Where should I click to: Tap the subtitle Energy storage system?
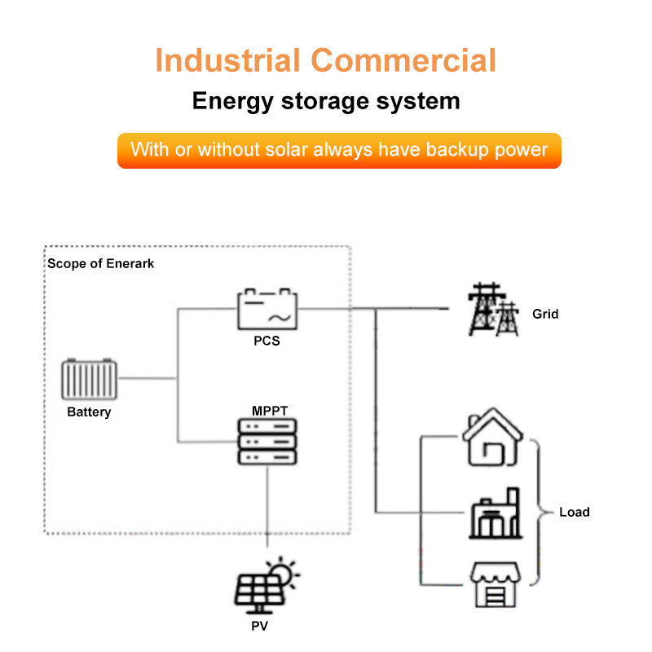point(326,101)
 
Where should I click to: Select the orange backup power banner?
point(339,150)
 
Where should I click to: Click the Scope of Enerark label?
point(100,263)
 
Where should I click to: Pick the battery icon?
point(89,378)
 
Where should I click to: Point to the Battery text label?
point(89,412)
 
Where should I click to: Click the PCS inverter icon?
point(267,309)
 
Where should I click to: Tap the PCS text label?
point(267,341)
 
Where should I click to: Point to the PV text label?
point(261,627)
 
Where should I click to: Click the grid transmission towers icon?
point(493,310)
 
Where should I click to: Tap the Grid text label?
point(545,314)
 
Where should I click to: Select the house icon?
point(493,440)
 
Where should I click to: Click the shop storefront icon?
point(495,584)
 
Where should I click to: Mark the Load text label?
point(574,513)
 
